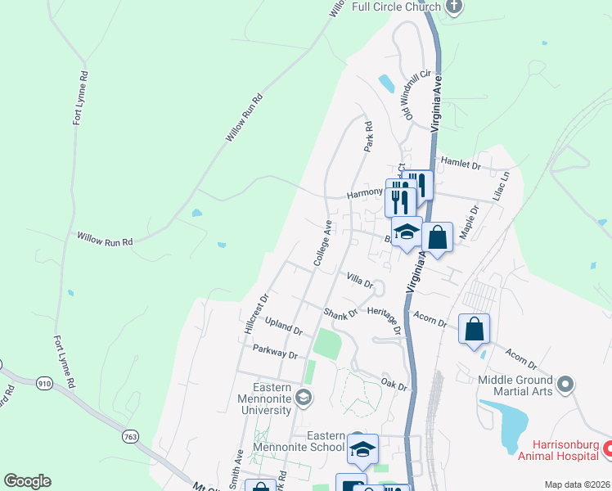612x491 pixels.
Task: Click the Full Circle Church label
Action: click(396, 7)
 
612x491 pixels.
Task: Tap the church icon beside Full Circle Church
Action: click(456, 7)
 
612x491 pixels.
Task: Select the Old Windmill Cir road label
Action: click(411, 94)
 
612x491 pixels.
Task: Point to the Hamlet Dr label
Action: click(461, 164)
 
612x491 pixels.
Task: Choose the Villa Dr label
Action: click(360, 281)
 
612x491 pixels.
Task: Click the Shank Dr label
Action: click(340, 313)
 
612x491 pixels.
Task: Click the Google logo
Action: click(27, 481)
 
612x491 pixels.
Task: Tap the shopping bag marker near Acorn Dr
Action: click(474, 329)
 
